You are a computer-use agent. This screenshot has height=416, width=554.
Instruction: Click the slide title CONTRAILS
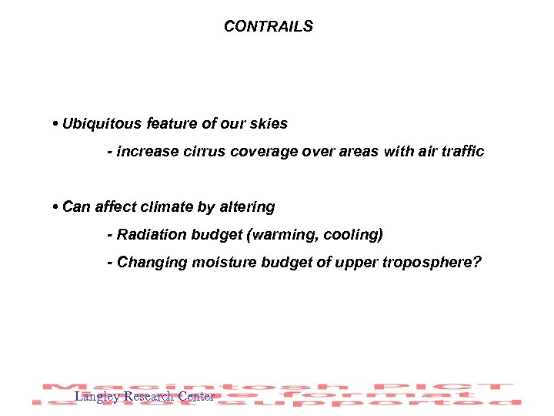(269, 26)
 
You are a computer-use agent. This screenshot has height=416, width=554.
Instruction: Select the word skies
(268, 123)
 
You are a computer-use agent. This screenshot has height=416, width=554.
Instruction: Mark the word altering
(246, 206)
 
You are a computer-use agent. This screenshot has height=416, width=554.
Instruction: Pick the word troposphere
(434, 262)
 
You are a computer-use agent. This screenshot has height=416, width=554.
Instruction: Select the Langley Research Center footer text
(144, 397)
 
